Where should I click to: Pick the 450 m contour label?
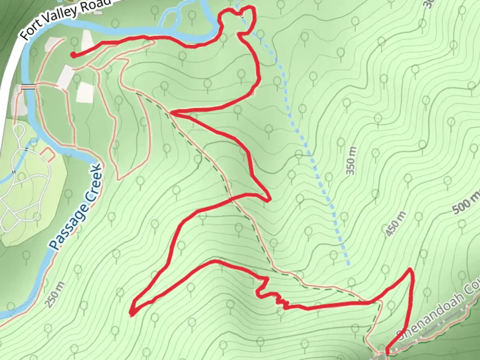(396, 224)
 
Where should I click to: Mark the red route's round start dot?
(73, 55)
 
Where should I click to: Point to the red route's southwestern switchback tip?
(132, 313)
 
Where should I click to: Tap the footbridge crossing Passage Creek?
(28, 87)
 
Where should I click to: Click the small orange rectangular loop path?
(47, 154)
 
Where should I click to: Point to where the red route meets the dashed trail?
(171, 113)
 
